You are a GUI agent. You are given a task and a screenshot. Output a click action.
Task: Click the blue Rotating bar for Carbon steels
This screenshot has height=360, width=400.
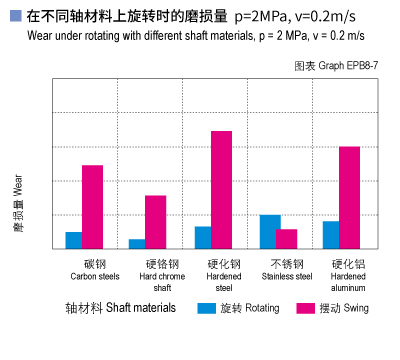pyautogui.click(x=74, y=240)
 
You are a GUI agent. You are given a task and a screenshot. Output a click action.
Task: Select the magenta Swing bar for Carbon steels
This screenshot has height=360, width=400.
pyautogui.click(x=92, y=207)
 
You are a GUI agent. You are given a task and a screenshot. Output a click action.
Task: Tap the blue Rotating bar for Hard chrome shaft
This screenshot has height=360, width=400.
pyautogui.click(x=137, y=243)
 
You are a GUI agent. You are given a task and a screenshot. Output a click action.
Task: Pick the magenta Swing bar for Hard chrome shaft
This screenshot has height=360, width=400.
pyautogui.click(x=156, y=222)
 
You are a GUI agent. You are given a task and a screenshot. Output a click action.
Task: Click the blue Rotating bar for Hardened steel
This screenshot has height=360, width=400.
pyautogui.click(x=203, y=237)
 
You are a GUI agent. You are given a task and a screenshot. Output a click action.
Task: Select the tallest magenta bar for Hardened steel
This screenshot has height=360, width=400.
pyautogui.click(x=221, y=190)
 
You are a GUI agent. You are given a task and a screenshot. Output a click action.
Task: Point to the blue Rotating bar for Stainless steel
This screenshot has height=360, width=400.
pyautogui.click(x=269, y=231)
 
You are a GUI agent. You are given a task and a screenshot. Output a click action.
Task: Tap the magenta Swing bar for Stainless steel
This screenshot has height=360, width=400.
pyautogui.click(x=287, y=238)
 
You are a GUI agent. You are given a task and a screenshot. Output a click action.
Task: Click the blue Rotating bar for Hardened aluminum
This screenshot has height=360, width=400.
pyautogui.click(x=331, y=234)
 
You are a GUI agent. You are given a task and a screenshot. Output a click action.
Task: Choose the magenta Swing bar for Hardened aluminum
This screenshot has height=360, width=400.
pyautogui.click(x=349, y=197)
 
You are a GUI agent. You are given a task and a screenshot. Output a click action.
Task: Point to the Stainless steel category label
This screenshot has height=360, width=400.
pyautogui.click(x=286, y=270)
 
